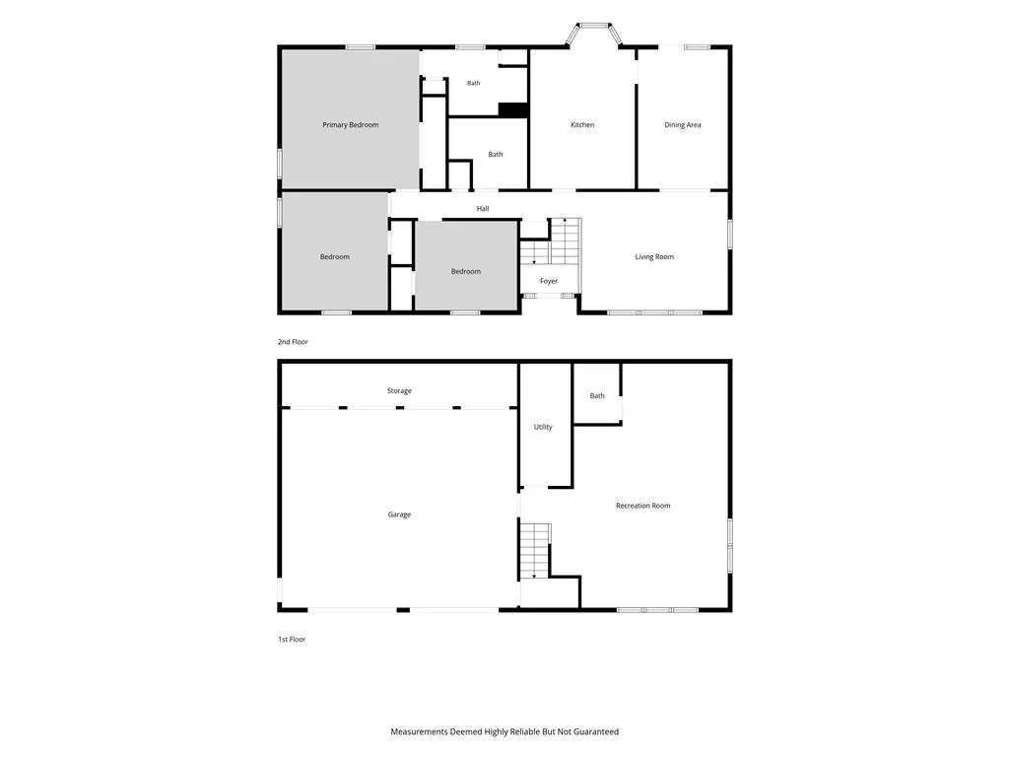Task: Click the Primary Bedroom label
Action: click(350, 125)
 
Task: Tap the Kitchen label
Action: click(582, 125)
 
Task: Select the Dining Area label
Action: click(683, 125)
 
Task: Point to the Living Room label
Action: click(654, 257)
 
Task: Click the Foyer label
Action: click(549, 281)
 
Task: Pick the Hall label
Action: click(483, 209)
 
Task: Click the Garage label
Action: click(399, 515)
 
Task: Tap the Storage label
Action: click(399, 390)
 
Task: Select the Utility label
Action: click(543, 427)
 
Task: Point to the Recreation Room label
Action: click(642, 506)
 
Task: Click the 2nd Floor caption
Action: click(293, 342)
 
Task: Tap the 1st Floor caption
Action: click(292, 639)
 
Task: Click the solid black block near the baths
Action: click(513, 110)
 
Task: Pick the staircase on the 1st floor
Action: click(535, 550)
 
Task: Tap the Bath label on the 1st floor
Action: click(597, 396)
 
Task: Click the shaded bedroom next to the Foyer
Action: click(466, 266)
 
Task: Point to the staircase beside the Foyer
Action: click(551, 241)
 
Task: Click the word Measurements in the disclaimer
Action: click(419, 732)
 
